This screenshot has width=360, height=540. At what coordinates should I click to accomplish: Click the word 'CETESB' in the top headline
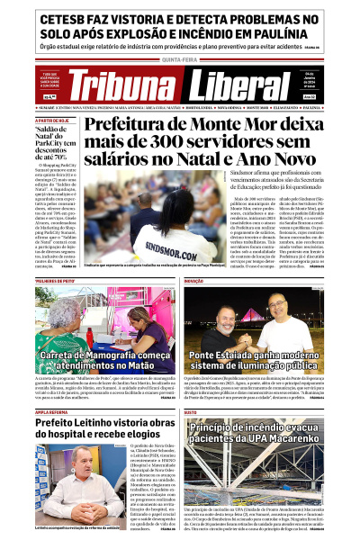click(x=64, y=17)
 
